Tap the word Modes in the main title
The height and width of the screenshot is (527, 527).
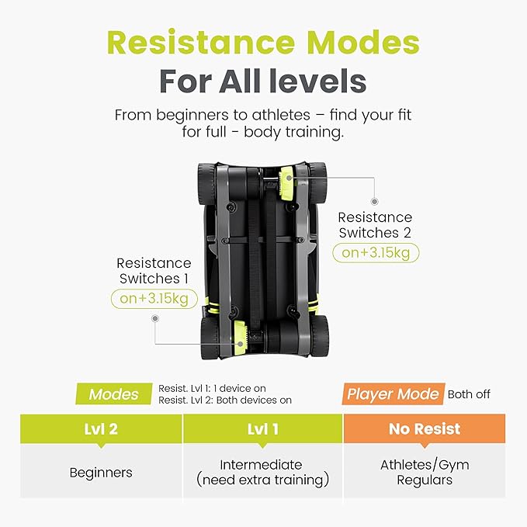363,43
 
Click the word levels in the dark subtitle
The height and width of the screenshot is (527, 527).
322,81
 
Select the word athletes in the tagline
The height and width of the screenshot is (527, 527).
281,115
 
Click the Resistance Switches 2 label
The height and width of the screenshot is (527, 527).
375,225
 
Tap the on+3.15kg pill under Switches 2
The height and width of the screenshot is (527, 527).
376,253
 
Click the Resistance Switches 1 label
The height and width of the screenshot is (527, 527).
154,271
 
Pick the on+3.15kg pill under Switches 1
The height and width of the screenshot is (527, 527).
154,299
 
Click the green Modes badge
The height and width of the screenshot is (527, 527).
113,394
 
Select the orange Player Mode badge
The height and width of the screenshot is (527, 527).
394,394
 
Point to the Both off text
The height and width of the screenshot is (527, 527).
469,394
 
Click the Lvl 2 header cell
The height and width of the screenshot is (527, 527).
101,429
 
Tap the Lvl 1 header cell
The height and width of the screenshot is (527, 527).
263,429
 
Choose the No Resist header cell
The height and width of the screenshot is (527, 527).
425,429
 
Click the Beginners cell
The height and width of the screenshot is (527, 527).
101,472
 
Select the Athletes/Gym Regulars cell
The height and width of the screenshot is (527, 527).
425,472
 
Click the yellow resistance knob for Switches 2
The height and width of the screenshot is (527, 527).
286,183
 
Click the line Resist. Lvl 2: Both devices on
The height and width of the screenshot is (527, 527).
225,400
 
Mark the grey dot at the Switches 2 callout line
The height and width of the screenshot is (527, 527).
374,202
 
